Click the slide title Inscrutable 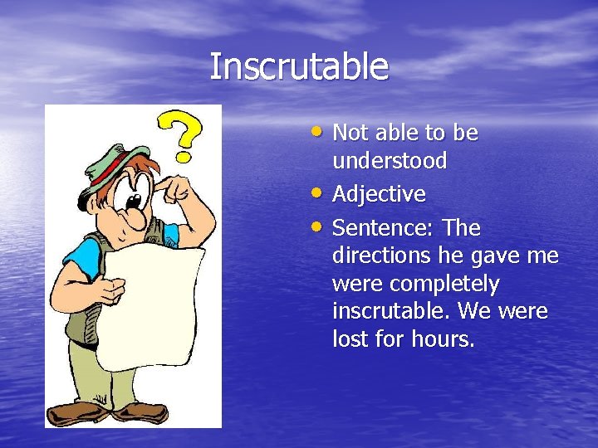(298, 66)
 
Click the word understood (389, 161)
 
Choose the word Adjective (379, 195)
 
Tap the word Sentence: (383, 228)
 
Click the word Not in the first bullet (349, 134)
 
